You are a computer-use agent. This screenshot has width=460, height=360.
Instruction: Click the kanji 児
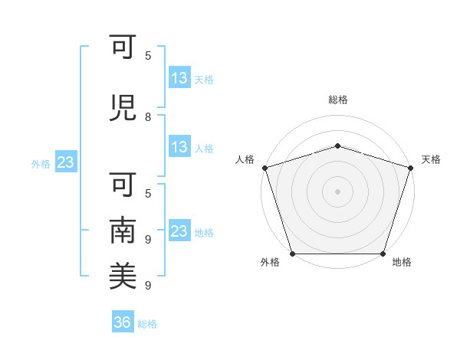123,108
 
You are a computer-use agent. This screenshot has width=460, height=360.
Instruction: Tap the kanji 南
123,230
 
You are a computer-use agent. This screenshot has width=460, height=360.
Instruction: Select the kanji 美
123,276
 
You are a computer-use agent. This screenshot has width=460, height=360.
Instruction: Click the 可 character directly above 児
123,47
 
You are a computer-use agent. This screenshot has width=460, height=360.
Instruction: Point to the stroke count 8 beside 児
148,117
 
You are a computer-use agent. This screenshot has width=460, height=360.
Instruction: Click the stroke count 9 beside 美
148,285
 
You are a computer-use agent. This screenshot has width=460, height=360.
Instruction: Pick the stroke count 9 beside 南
148,240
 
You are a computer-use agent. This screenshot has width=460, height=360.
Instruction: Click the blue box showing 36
123,321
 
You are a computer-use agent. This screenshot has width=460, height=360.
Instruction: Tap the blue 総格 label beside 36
147,324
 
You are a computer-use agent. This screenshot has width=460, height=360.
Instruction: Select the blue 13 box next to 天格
179,77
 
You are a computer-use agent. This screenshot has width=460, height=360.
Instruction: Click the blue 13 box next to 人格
179,146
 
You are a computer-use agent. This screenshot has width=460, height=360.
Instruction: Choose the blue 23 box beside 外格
66,162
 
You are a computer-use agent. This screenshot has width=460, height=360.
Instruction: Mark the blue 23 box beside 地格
179,230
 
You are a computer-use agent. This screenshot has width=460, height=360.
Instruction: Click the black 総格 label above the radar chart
338,100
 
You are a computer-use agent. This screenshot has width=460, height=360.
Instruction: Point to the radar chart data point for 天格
411,168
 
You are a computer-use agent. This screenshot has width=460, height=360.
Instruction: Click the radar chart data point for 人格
265,168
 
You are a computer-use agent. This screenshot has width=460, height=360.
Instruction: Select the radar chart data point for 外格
293,254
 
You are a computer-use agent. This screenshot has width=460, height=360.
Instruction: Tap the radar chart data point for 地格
383,254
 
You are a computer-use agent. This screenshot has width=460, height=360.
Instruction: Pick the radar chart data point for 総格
337,146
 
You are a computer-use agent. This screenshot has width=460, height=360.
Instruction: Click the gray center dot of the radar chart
337,191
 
